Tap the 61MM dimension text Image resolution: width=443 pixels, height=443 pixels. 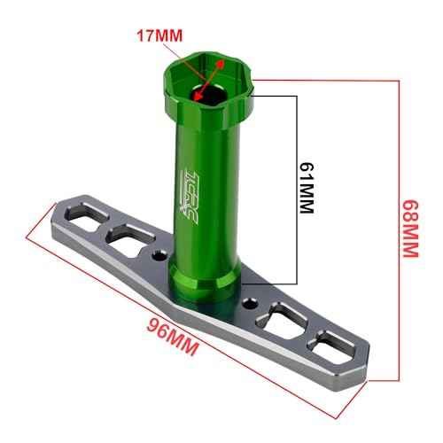[x=307, y=188]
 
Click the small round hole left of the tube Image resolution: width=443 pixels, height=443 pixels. [x=158, y=257]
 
